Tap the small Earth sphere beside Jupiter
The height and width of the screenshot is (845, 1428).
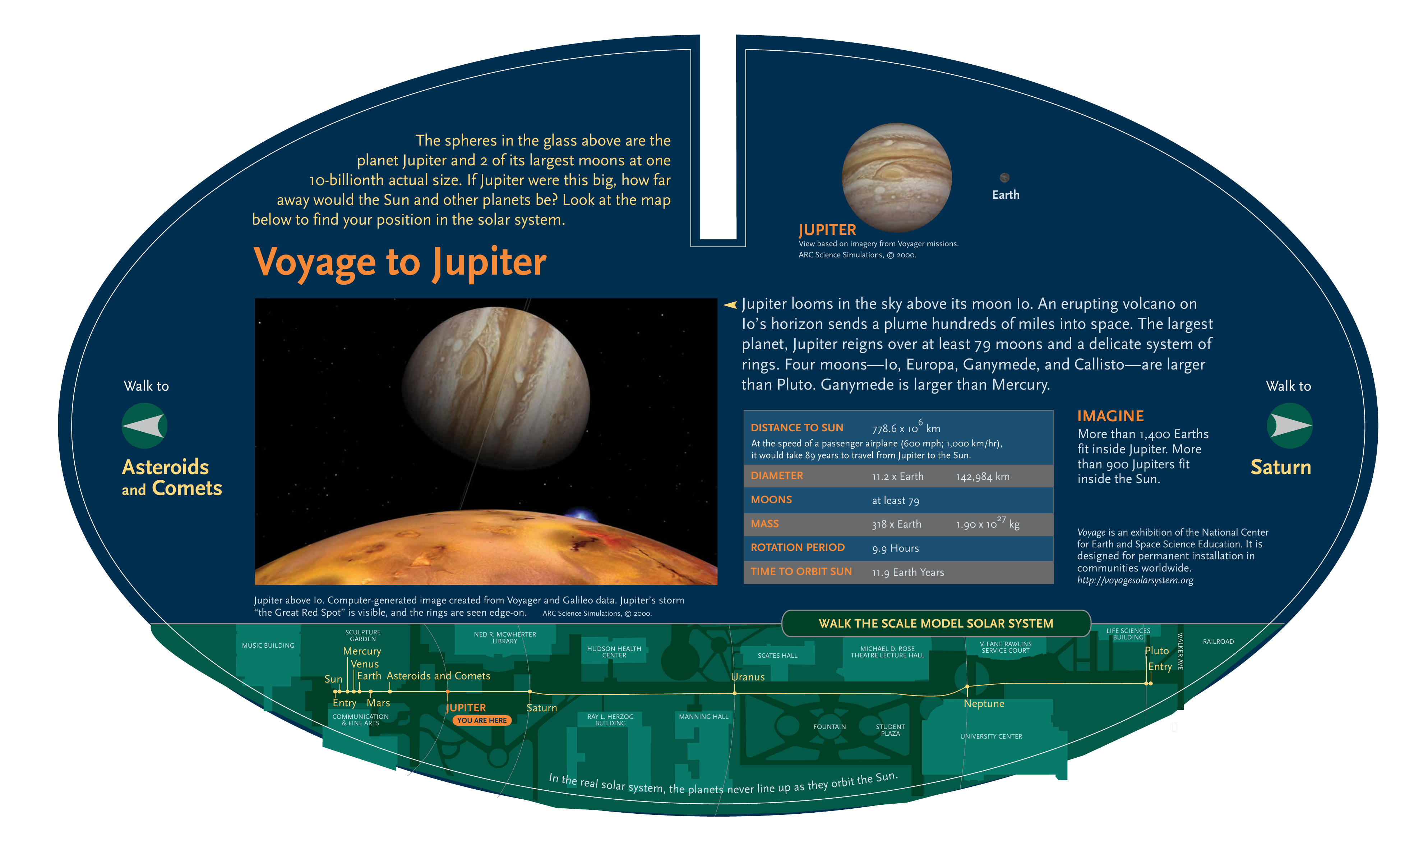pyautogui.click(x=1004, y=178)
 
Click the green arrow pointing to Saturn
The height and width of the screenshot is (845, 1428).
pyautogui.click(x=1290, y=425)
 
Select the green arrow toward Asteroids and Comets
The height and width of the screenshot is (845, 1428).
pyautogui.click(x=144, y=425)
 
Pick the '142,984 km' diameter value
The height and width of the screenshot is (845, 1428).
pyautogui.click(x=983, y=477)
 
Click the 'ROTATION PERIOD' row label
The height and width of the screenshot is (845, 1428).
pyautogui.click(x=798, y=547)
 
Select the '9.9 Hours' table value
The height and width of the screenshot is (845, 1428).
pyautogui.click(x=895, y=548)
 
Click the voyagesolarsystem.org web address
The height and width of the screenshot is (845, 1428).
pyautogui.click(x=1135, y=580)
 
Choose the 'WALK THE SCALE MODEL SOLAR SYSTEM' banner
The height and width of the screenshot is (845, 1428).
pyautogui.click(x=936, y=624)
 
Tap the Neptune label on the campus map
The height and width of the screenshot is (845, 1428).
pyautogui.click(x=984, y=704)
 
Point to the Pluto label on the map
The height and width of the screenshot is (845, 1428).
pyautogui.click(x=1156, y=651)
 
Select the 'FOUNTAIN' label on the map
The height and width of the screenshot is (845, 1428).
pyautogui.click(x=829, y=726)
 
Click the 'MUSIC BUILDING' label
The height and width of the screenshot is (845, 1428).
pyautogui.click(x=268, y=646)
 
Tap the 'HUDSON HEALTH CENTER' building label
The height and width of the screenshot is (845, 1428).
pyautogui.click(x=614, y=652)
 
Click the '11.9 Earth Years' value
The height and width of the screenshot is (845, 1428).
pyautogui.click(x=908, y=572)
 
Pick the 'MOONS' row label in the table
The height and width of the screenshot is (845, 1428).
pyautogui.click(x=771, y=499)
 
